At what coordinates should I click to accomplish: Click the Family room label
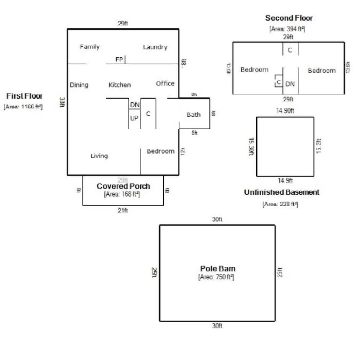pyautogui.click(x=90, y=47)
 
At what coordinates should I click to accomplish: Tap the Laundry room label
pyautogui.click(x=155, y=47)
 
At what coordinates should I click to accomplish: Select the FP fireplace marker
pyautogui.click(x=119, y=59)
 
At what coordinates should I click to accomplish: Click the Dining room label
pyautogui.click(x=79, y=85)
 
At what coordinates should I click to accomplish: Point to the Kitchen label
pyautogui.click(x=120, y=85)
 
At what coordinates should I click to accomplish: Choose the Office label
pyautogui.click(x=165, y=83)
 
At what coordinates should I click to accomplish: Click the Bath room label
pyautogui.click(x=194, y=115)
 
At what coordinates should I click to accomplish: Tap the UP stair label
pyautogui.click(x=134, y=118)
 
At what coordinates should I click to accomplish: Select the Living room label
pyautogui.click(x=99, y=156)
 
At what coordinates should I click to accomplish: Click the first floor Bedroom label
pyautogui.click(x=161, y=151)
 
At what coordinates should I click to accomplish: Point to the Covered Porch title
pyautogui.click(x=123, y=186)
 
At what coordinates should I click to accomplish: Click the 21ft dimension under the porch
pyautogui.click(x=123, y=210)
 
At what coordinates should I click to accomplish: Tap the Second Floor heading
pyautogui.click(x=289, y=18)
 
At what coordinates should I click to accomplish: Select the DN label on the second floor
pyautogui.click(x=290, y=84)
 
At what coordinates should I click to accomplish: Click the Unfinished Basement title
pyautogui.click(x=282, y=192)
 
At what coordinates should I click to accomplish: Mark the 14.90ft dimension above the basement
pyautogui.click(x=285, y=111)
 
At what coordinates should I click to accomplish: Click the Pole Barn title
pyautogui.click(x=218, y=269)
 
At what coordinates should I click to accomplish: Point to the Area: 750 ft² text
pyautogui.click(x=216, y=277)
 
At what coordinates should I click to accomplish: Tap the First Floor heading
pyautogui.click(x=24, y=96)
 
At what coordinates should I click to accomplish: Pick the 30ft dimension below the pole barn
pyautogui.click(x=217, y=326)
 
